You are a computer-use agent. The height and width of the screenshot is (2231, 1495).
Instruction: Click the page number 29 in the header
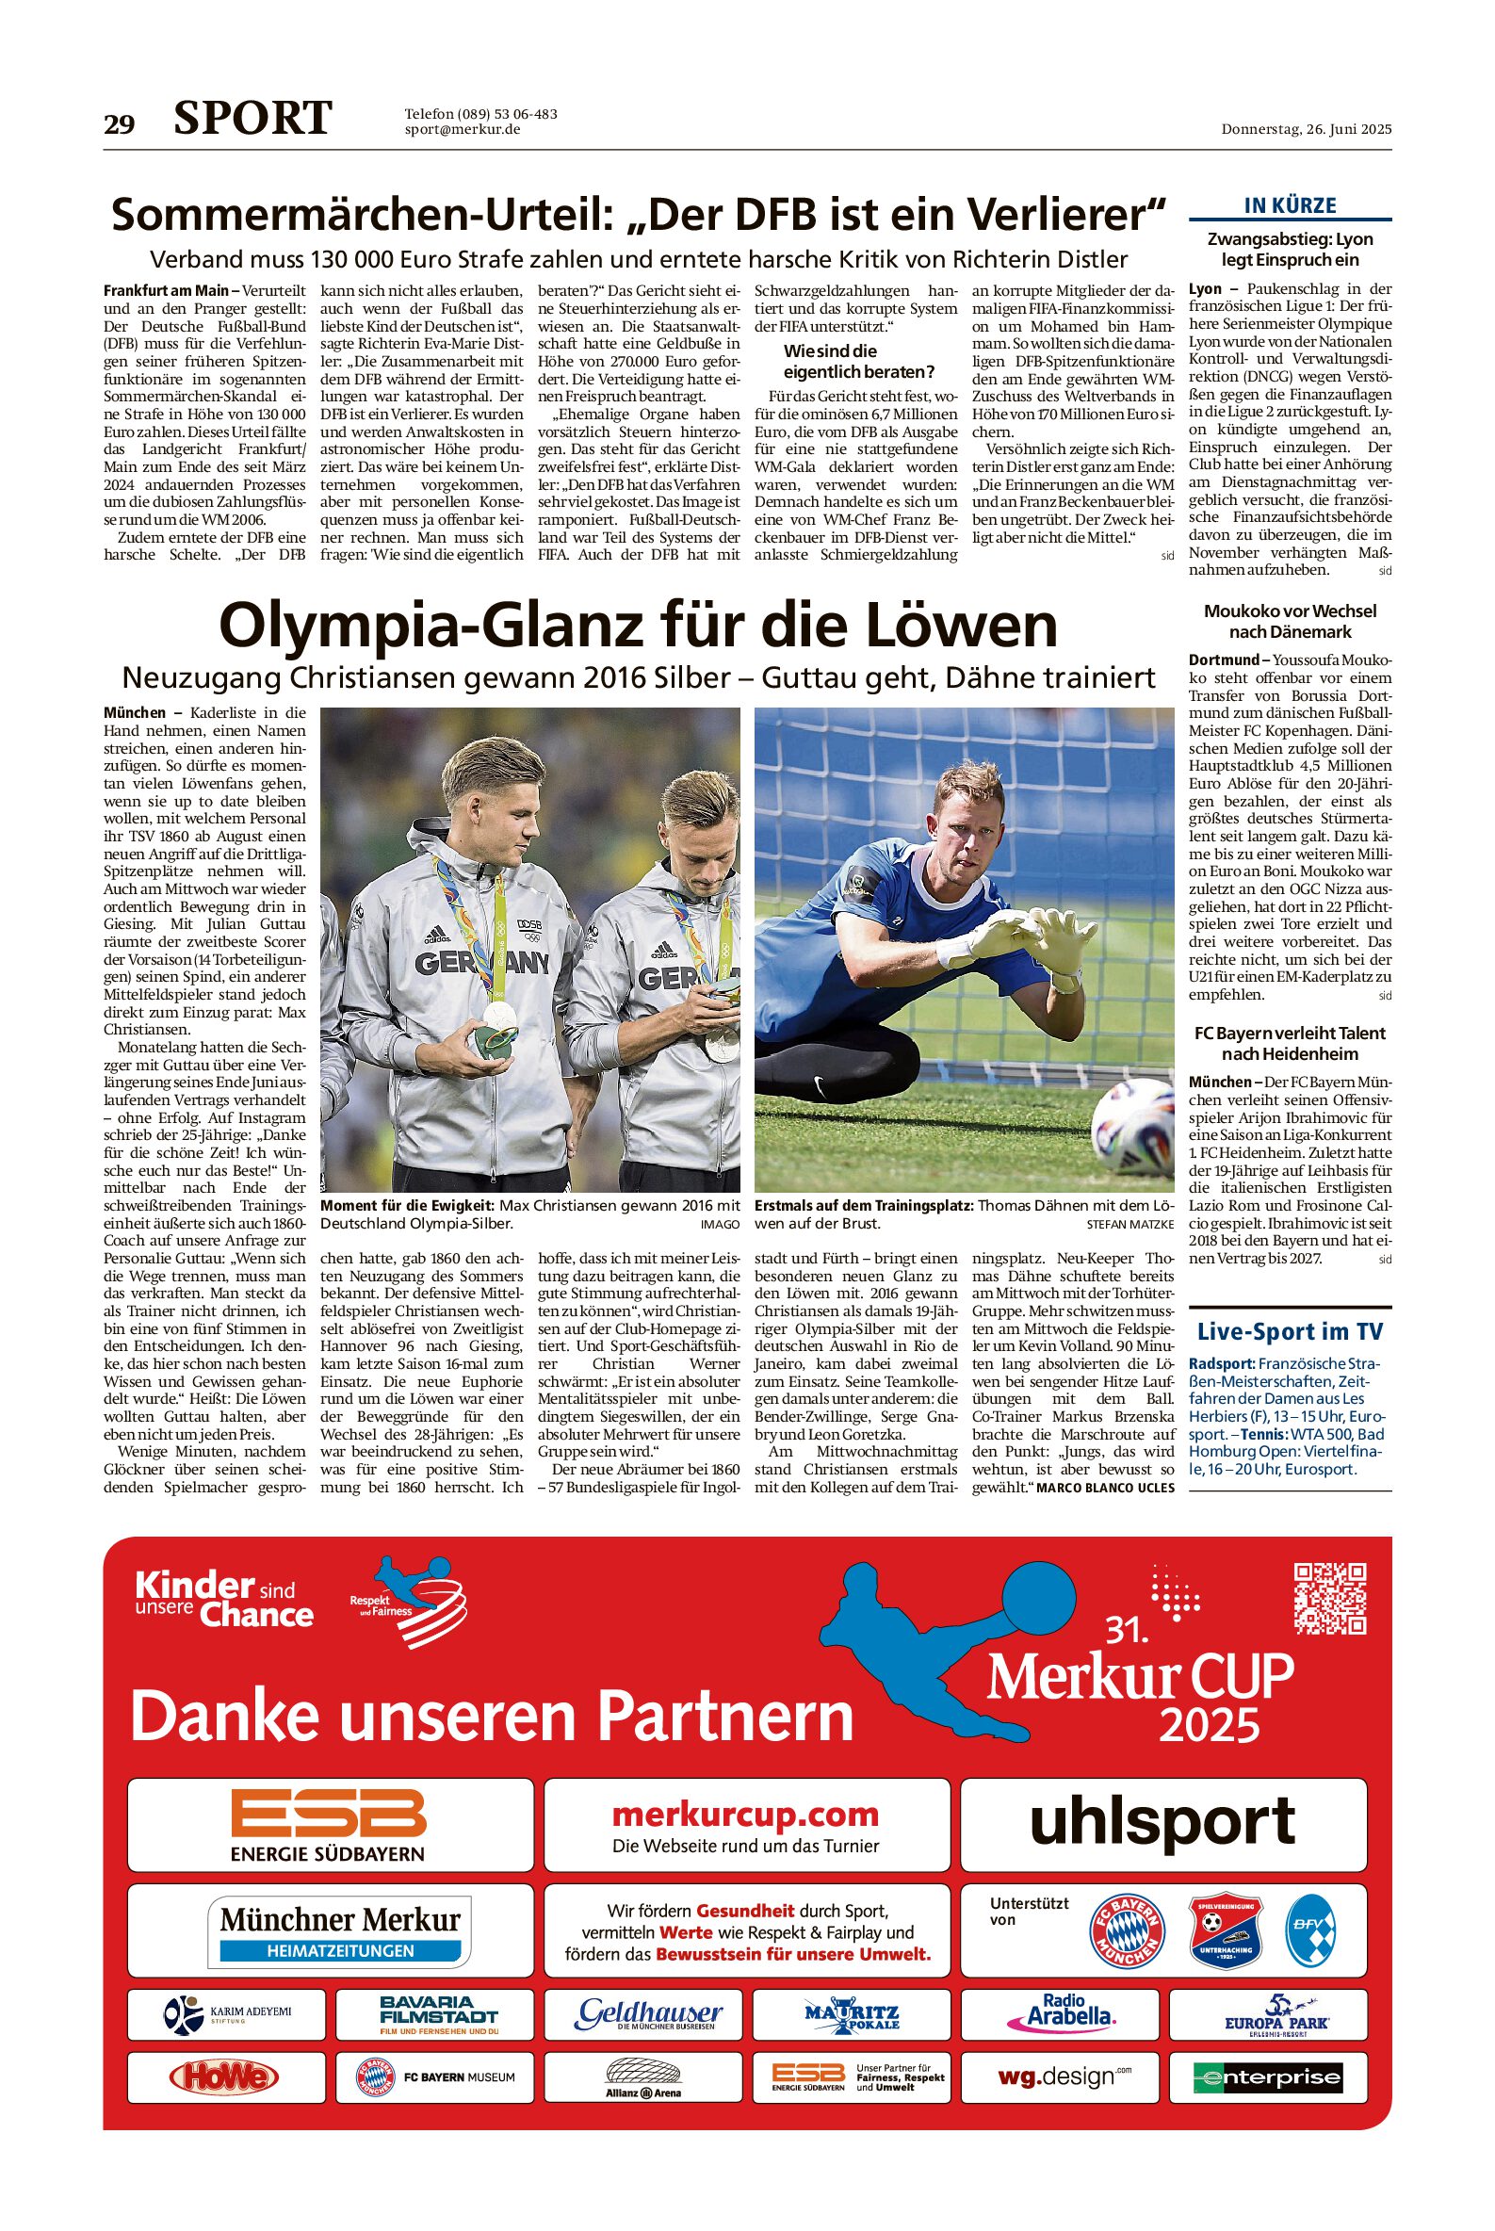point(120,124)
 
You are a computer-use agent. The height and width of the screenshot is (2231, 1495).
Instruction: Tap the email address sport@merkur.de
point(463,130)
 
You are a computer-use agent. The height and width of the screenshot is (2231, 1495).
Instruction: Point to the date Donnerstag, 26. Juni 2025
point(1307,130)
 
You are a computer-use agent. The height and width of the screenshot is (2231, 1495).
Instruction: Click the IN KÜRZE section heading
point(1290,205)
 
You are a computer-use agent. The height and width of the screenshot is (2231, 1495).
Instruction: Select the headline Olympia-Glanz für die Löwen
point(638,626)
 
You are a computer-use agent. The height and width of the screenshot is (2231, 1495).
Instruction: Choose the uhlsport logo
point(1162,1822)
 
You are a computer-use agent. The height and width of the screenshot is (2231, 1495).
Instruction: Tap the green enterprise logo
point(1267,2077)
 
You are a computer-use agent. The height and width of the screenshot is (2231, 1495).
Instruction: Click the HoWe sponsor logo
point(223,2076)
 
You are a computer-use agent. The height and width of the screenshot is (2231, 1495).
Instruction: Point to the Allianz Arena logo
point(643,2077)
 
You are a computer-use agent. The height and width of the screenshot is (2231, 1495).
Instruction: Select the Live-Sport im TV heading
point(1290,1331)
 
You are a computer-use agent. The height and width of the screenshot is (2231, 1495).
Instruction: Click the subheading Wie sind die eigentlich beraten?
point(858,362)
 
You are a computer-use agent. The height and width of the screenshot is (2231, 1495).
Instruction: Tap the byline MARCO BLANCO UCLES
point(1105,1488)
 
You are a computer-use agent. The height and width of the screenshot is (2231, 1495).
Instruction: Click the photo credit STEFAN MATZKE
point(1129,1223)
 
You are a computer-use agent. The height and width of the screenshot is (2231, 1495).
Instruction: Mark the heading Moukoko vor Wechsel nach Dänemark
point(1290,621)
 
